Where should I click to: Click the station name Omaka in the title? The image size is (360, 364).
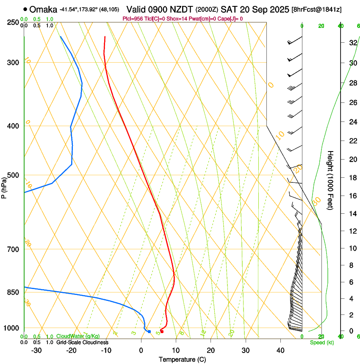click(x=43, y=9)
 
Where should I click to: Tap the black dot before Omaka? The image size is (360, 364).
click(x=25, y=9)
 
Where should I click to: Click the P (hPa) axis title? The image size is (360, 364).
click(x=4, y=186)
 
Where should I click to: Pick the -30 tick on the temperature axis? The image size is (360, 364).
click(x=36, y=350)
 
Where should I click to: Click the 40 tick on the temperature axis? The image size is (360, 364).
click(x=280, y=350)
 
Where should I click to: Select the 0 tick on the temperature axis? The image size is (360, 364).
click(x=141, y=350)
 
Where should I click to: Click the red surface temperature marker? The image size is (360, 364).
click(x=162, y=331)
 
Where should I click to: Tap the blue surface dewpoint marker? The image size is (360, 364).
click(x=149, y=331)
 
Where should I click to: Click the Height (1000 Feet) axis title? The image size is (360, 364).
click(x=331, y=180)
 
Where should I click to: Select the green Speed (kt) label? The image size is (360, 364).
click(x=322, y=342)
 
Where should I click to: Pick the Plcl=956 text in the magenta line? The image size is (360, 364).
click(x=132, y=19)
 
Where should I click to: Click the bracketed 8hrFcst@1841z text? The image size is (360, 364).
click(x=317, y=9)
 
